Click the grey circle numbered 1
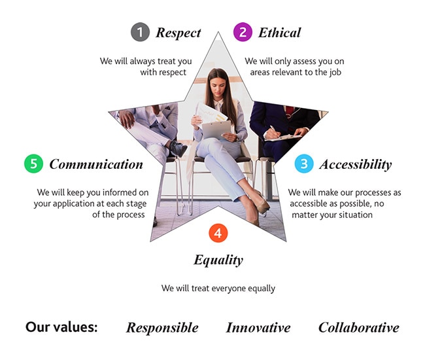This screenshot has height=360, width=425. (x=140, y=32)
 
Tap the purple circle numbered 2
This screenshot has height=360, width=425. (x=243, y=32)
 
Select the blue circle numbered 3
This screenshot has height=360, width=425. (x=304, y=164)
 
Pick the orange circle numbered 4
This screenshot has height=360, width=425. (x=218, y=233)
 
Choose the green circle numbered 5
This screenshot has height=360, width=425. (x=33, y=164)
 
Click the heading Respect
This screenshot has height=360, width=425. (x=178, y=33)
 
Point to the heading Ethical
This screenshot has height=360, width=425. (x=279, y=33)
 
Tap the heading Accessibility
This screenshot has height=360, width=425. (x=356, y=165)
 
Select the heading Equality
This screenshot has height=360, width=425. (x=218, y=260)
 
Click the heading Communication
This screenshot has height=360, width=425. (x=96, y=164)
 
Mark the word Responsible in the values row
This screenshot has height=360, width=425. (x=162, y=328)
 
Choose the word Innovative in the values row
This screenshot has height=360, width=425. (x=258, y=327)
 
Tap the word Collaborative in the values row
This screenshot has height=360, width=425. (x=359, y=327)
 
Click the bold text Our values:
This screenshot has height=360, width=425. (x=61, y=327)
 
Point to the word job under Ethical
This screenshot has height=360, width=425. (x=335, y=73)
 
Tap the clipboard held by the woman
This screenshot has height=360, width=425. (x=216, y=130)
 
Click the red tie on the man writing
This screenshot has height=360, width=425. (x=289, y=111)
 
